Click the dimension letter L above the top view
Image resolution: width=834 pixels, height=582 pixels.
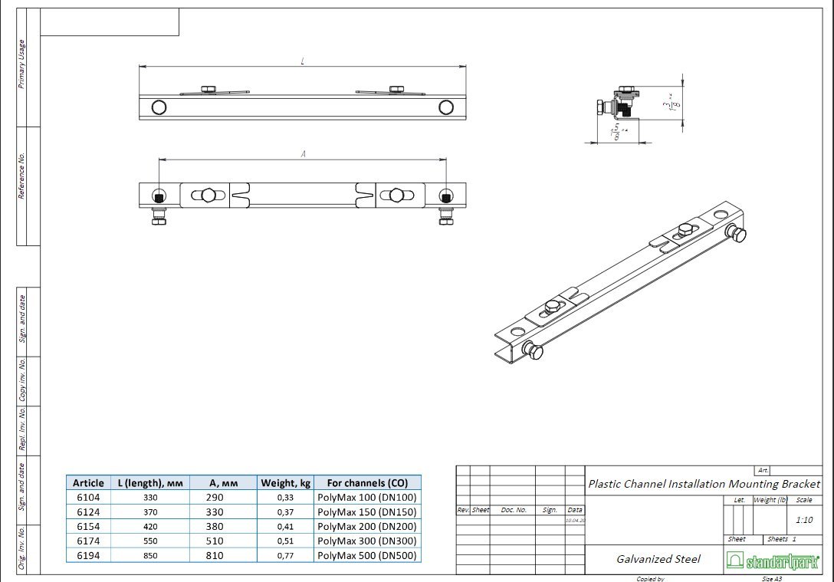coord(303,61)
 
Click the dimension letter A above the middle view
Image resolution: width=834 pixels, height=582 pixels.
coord(303,154)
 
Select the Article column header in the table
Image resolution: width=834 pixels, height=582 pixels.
coord(88,483)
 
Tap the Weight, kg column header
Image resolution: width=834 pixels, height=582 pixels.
coord(285,483)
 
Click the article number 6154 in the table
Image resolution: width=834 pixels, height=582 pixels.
coord(88,527)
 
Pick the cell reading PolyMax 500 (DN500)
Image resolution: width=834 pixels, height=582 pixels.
coord(367,555)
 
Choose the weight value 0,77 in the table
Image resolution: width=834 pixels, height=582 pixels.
coord(285,555)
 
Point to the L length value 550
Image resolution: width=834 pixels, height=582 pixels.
coord(149,541)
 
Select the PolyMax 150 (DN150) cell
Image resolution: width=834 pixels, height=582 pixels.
coord(367,512)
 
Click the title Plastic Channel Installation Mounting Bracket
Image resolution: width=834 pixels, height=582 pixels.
coord(704,484)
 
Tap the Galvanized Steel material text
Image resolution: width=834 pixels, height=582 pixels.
coord(658,559)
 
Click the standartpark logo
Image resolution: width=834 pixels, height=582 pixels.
coord(772,561)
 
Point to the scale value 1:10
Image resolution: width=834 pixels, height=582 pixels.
coord(804,519)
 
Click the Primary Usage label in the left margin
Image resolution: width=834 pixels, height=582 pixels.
coord(22,64)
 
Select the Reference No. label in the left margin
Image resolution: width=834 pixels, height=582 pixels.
coord(22,176)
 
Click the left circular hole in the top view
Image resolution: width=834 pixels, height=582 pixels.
coord(159,107)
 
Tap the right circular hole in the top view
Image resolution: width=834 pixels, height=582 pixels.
coord(446,107)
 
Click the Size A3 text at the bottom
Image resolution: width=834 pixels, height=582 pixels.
coord(772,579)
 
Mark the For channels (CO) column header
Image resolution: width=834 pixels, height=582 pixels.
coord(367,483)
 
